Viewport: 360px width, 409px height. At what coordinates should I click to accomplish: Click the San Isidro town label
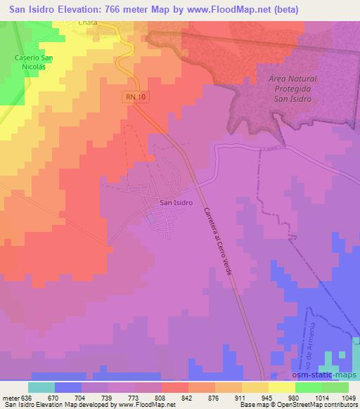pos(173,204)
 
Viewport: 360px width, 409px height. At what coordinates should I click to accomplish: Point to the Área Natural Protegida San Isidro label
pos(291,89)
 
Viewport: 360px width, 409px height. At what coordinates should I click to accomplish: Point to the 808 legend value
pos(161,397)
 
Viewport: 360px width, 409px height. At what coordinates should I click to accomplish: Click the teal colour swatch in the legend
pos(41,387)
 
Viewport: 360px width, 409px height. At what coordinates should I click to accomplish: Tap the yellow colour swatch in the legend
pos(282,387)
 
